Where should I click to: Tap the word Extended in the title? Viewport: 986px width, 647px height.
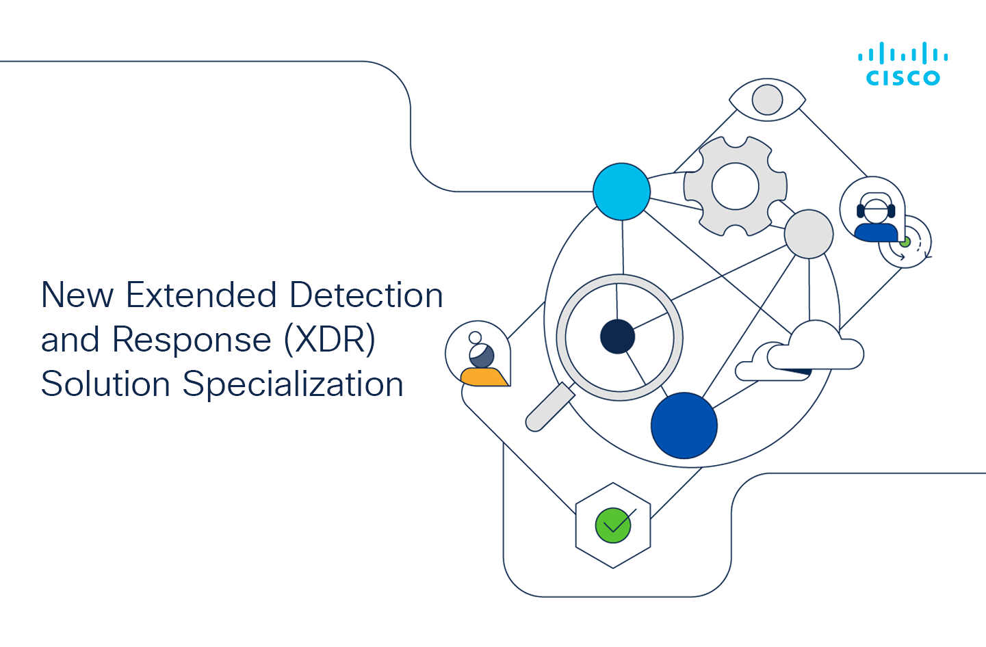201,295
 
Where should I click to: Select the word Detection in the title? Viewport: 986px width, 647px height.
366,295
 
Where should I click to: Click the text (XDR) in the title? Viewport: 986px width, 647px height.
330,339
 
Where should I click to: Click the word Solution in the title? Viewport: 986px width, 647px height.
105,384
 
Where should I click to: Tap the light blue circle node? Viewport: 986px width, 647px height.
621,192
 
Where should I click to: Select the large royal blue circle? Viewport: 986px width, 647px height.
684,425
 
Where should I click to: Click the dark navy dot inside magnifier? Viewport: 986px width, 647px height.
618,336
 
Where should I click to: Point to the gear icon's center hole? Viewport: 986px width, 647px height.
735,186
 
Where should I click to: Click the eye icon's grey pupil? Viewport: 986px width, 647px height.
767,100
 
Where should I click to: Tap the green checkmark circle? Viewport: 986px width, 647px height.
613,525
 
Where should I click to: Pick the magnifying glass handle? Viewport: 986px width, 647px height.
550,407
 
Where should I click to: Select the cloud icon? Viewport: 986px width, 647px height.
800,351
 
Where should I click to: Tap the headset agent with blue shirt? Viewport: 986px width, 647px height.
876,217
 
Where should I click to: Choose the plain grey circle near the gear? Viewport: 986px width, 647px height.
809,234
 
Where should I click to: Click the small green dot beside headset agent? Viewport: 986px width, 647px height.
905,242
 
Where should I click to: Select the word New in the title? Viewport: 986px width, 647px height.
77,295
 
